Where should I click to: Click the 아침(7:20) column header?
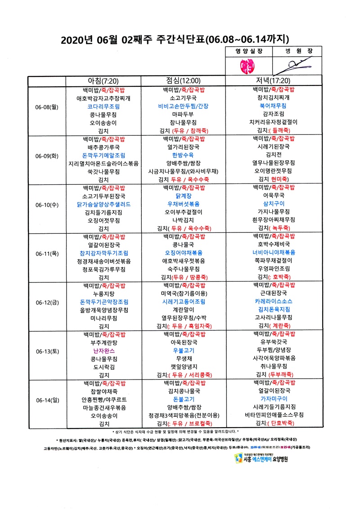click(x=104, y=81)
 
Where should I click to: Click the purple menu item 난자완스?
click(x=104, y=350)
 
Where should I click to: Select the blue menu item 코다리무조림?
click(x=104, y=107)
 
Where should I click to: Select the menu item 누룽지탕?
click(x=104, y=293)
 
